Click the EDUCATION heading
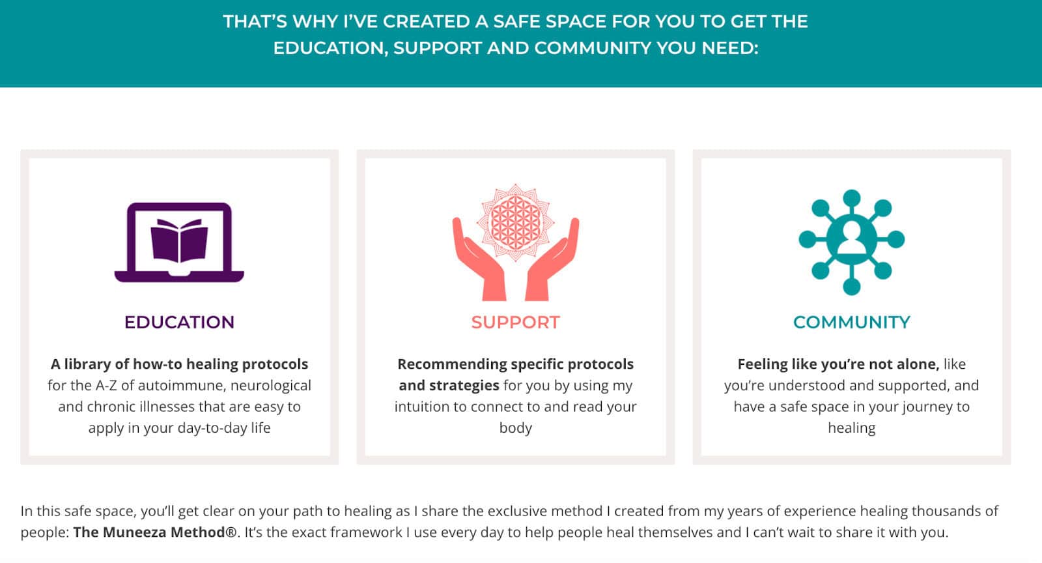[179, 323]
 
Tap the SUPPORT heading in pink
[515, 323]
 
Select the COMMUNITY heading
[852, 323]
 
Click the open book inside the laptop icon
[179, 240]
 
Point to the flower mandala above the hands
[515, 222]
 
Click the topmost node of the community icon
[852, 197]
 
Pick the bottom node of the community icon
[852, 286]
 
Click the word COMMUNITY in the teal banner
[592, 48]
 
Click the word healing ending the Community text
[852, 427]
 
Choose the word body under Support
[515, 427]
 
